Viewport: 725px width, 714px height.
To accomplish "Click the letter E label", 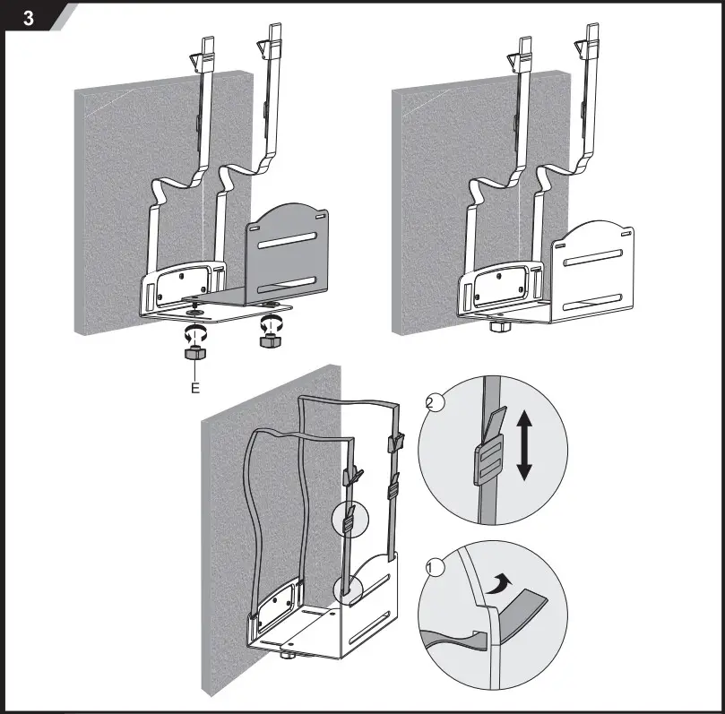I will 194,389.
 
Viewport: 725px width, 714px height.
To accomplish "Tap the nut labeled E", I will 194,355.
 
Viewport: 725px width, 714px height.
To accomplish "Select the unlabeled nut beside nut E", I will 267,343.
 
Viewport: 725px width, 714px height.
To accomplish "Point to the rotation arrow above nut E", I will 194,333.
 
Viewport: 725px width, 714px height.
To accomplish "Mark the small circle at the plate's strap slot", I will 348,589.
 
